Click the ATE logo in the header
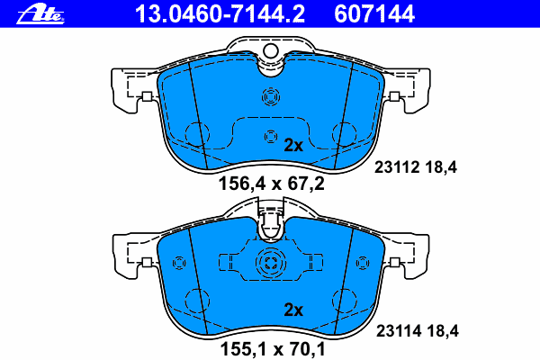pos(40,14)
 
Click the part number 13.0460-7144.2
pos(220,14)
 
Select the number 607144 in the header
pos(374,14)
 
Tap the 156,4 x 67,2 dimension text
pos(272,184)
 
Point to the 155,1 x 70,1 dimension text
pos(273,349)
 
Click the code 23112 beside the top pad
pos(397,167)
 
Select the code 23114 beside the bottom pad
pos(399,331)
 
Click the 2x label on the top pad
pos(293,146)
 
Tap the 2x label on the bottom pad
pos(293,310)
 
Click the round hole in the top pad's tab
pos(271,51)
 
